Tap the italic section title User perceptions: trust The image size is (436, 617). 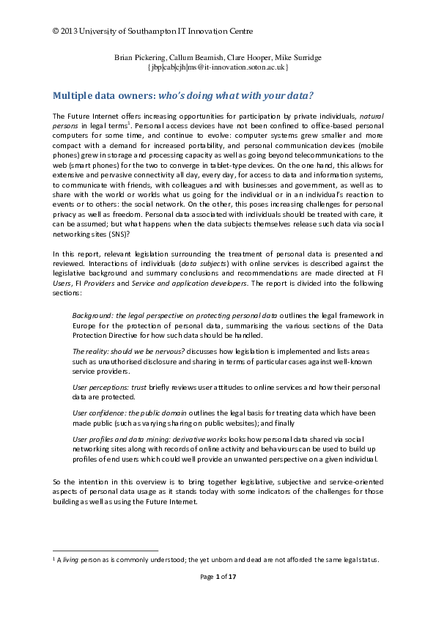click(x=107, y=385)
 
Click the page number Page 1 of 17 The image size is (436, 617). click(x=218, y=577)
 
